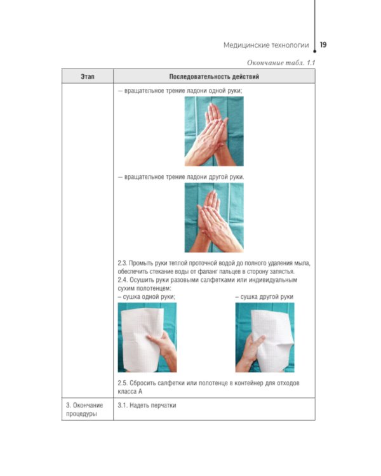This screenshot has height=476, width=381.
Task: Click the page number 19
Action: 323,45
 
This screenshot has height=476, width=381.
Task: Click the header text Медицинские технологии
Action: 266,45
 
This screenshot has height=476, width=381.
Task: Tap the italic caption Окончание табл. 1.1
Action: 281,63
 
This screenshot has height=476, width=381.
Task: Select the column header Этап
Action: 88,77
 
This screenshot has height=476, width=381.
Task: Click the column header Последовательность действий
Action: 214,77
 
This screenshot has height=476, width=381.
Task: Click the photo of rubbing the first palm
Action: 214,131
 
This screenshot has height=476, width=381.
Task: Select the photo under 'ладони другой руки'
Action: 214,218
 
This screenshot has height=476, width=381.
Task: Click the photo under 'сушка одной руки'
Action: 147,337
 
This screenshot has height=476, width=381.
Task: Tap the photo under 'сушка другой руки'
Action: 265,337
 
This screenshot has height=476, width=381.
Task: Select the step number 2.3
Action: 122,263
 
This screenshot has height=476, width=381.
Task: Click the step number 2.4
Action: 122,280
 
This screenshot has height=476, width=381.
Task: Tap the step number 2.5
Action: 122,383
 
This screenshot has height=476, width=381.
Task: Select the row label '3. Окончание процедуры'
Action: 84,409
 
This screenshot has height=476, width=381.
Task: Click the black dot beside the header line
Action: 315,51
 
